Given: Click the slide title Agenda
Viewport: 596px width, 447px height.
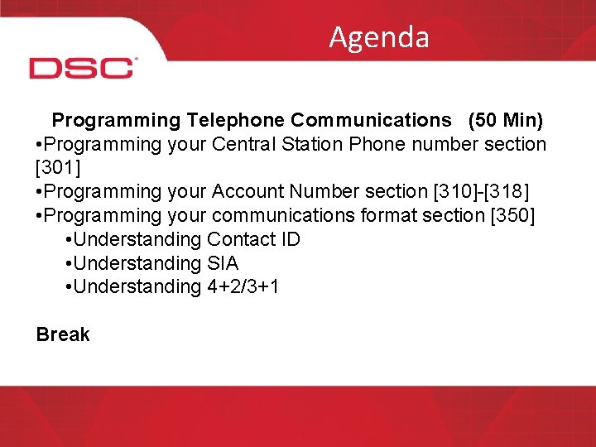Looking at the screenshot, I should (x=378, y=37).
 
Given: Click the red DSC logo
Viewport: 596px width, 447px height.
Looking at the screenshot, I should (x=82, y=68).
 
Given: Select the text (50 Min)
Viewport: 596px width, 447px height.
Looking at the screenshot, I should (x=505, y=121).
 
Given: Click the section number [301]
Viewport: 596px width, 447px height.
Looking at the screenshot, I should (x=59, y=168).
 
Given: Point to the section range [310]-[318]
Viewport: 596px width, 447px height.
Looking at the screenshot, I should (x=481, y=192).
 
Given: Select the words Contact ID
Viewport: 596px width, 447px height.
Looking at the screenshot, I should (x=253, y=240).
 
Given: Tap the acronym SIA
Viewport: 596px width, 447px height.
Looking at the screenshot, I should (x=223, y=264).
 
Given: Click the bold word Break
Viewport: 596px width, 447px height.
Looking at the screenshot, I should (x=63, y=335).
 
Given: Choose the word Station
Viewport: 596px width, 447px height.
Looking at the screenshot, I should (x=314, y=145).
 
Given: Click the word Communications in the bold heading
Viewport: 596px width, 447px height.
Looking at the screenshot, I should (x=371, y=121).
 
